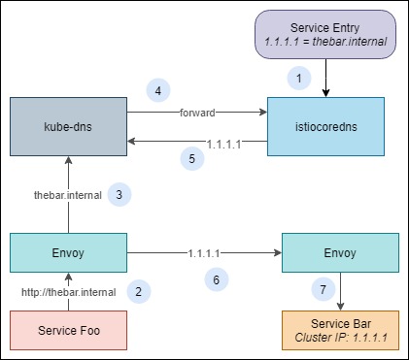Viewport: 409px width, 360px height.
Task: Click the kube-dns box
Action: tap(67, 126)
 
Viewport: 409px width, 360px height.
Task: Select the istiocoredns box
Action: tap(325, 126)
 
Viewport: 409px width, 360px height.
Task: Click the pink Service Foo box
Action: tap(67, 331)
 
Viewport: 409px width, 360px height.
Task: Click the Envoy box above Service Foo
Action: tap(67, 254)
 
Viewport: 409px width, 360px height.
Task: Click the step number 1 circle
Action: tap(300, 76)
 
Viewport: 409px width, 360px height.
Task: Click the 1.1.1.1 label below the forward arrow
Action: tap(224, 142)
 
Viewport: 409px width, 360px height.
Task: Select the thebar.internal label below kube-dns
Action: tap(67, 194)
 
